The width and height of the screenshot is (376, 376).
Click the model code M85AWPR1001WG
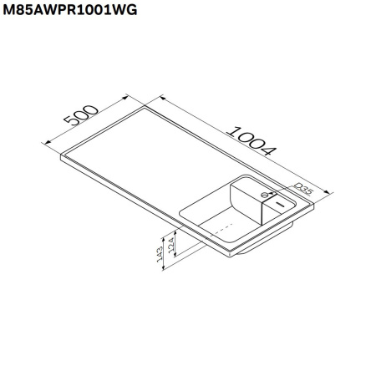pos(69,10)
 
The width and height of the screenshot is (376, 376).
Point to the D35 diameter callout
pos(304,191)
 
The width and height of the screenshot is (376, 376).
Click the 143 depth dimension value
pos(158,252)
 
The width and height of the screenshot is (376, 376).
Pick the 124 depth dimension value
pos(172,247)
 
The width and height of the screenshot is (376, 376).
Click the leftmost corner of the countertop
pos(63,154)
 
